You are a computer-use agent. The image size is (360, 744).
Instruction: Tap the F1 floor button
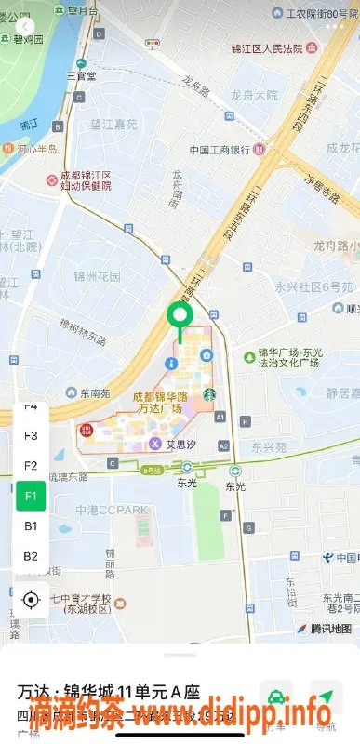coord(31,495)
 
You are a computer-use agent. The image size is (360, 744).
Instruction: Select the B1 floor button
coord(31,525)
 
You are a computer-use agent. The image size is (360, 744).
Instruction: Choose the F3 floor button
coord(31,435)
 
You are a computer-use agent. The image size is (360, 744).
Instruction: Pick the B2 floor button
coord(31,556)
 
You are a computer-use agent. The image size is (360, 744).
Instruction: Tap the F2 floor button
coord(31,465)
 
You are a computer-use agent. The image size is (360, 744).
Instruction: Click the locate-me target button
coord(32,600)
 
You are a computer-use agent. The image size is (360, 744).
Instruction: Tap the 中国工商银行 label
coord(220,150)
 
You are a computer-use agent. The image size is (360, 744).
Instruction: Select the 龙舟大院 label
coord(254,95)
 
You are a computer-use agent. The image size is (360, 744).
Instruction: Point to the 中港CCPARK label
coord(113,509)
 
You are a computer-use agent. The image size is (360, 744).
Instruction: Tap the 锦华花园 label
coord(98,276)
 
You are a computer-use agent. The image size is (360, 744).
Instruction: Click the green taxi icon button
coord(276,697)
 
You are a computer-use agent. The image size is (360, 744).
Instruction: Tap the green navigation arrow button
coord(325,697)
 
